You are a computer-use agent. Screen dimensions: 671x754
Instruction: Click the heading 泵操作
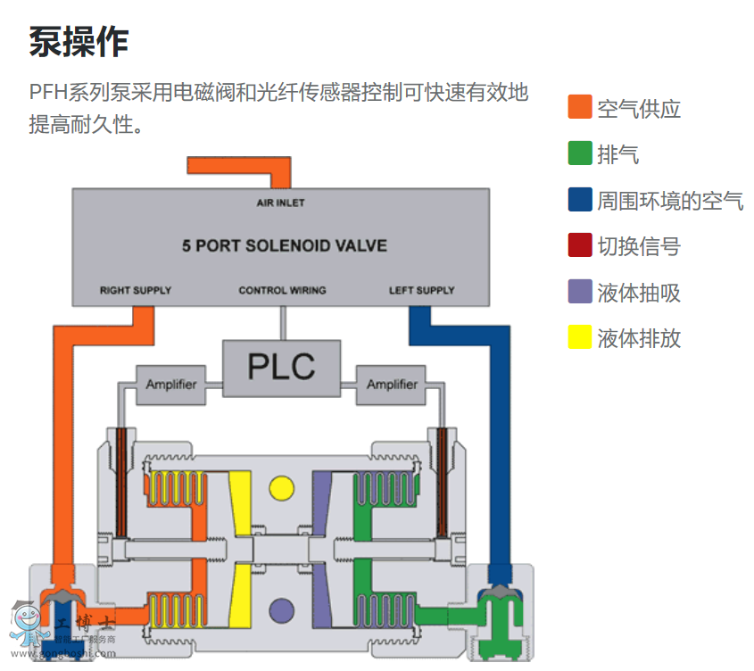[79, 41]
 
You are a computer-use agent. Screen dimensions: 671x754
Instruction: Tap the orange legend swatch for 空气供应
[580, 107]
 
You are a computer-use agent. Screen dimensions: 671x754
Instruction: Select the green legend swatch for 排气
[580, 153]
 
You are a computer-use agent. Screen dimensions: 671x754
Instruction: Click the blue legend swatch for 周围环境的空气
[580, 199]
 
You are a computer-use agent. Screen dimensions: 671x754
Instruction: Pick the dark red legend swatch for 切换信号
[580, 245]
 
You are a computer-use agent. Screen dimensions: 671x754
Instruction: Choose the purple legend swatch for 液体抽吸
[580, 292]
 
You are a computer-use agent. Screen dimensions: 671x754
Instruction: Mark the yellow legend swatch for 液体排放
[580, 337]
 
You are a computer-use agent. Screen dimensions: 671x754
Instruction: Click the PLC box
[281, 368]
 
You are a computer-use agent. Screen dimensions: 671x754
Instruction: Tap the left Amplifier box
[170, 385]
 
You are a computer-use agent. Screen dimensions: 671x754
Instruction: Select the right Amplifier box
[392, 385]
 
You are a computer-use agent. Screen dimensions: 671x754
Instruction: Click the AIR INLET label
[280, 203]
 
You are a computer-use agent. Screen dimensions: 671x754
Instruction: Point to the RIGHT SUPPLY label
[136, 290]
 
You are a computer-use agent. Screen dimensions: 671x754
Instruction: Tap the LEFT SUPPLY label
[421, 290]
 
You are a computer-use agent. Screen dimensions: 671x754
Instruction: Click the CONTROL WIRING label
[282, 290]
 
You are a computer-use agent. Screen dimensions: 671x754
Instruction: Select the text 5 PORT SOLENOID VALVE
[285, 245]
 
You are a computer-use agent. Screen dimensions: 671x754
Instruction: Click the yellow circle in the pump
[281, 487]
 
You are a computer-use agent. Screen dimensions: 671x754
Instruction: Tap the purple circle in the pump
[281, 610]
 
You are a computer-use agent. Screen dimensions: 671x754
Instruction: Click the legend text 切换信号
[639, 246]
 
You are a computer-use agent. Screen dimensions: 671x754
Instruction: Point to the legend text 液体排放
[639, 338]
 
